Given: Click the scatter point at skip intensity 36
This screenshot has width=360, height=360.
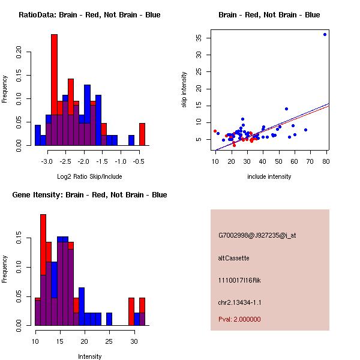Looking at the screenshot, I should pyautogui.click(x=325, y=34).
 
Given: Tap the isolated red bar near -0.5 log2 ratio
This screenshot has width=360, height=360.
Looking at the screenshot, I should pyautogui.click(x=142, y=134).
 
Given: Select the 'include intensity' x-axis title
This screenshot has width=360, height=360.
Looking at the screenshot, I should pyautogui.click(x=269, y=176).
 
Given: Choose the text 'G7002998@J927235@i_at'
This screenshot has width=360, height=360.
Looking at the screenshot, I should pyautogui.click(x=257, y=235).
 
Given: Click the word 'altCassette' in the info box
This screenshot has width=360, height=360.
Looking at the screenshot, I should pyautogui.click(x=233, y=258).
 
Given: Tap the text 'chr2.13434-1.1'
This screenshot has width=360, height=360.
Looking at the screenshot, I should pyautogui.click(x=239, y=302).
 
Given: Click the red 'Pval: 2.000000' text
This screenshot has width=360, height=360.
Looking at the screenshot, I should pyautogui.click(x=239, y=319).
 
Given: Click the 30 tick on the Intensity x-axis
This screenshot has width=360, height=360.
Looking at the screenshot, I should pyautogui.click(x=133, y=341).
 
